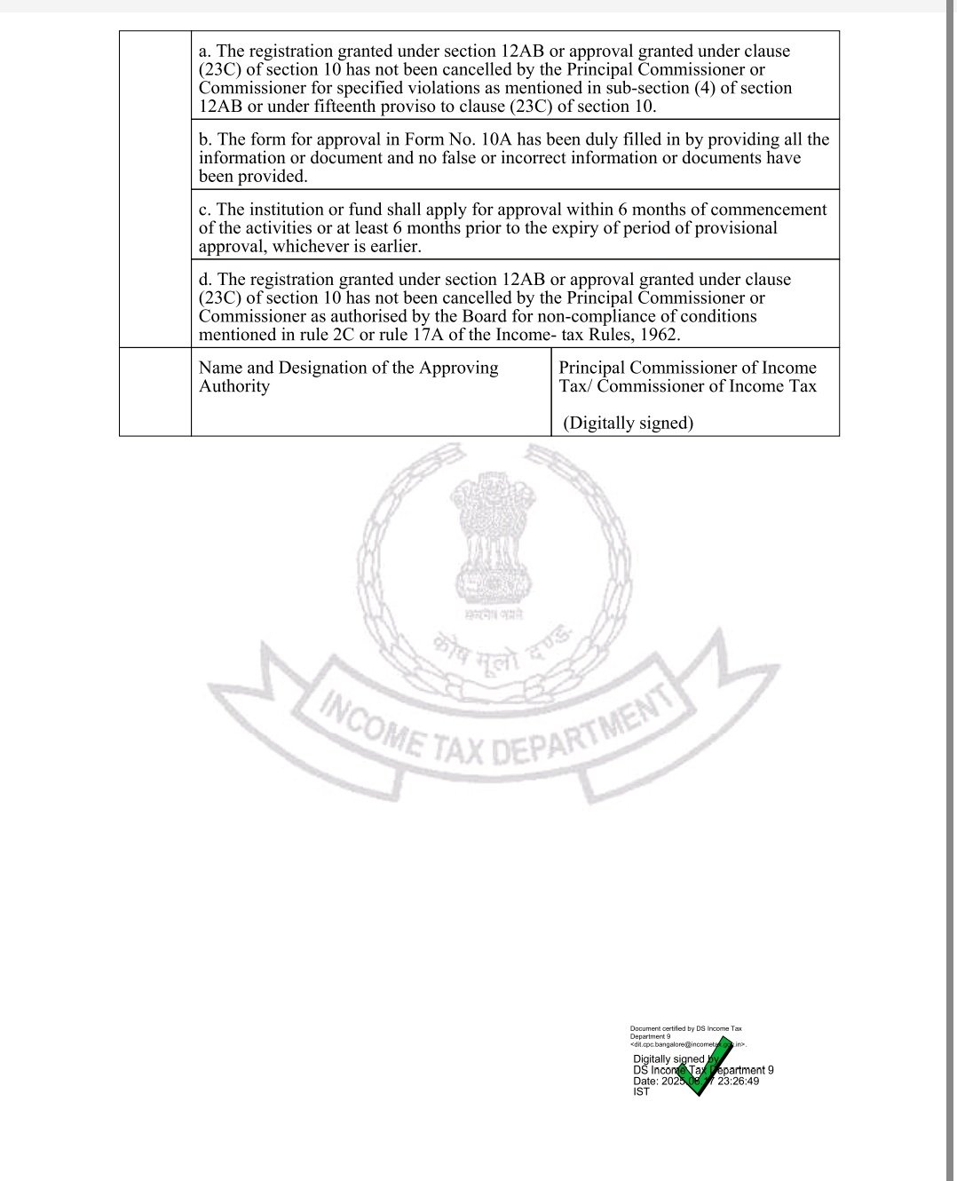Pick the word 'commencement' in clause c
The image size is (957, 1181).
tap(769, 210)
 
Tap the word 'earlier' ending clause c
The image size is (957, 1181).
tap(391, 247)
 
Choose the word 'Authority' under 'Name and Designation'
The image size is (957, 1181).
tap(233, 386)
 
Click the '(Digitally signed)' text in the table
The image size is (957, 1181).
tap(629, 423)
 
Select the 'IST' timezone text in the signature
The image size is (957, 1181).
tap(641, 1091)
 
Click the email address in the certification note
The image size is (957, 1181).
tap(688, 1045)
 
